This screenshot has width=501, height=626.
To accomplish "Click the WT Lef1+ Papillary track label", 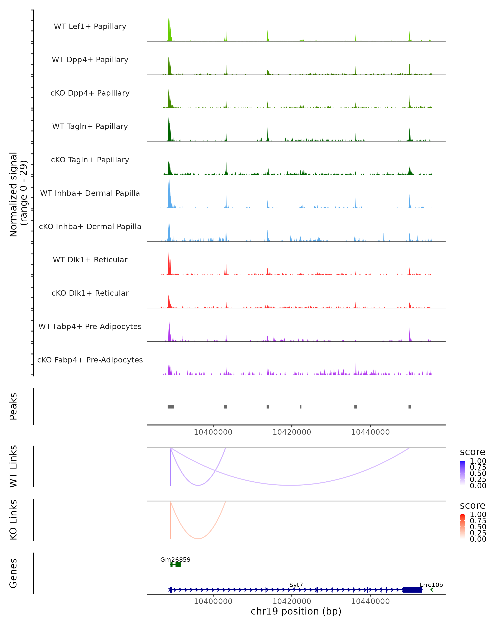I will [90, 27].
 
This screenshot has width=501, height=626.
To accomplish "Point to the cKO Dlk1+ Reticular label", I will [90, 293].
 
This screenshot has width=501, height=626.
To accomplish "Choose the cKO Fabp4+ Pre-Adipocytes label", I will [90, 360].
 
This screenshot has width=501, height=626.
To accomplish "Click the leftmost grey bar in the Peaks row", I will [171, 406].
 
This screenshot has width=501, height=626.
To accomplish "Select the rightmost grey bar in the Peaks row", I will [410, 406].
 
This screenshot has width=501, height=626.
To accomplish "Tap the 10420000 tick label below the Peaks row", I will [292, 432].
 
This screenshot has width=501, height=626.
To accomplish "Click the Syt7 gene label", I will [296, 585].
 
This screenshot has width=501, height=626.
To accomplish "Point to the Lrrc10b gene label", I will [431, 585].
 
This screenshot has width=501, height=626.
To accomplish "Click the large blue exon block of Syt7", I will [412, 590].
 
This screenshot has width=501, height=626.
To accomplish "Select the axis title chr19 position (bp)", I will [296, 611].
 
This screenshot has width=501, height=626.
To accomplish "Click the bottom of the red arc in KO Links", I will [198, 539].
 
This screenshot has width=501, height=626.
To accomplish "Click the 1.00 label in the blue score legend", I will [478, 461].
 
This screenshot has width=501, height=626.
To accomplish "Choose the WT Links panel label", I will [13, 466].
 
